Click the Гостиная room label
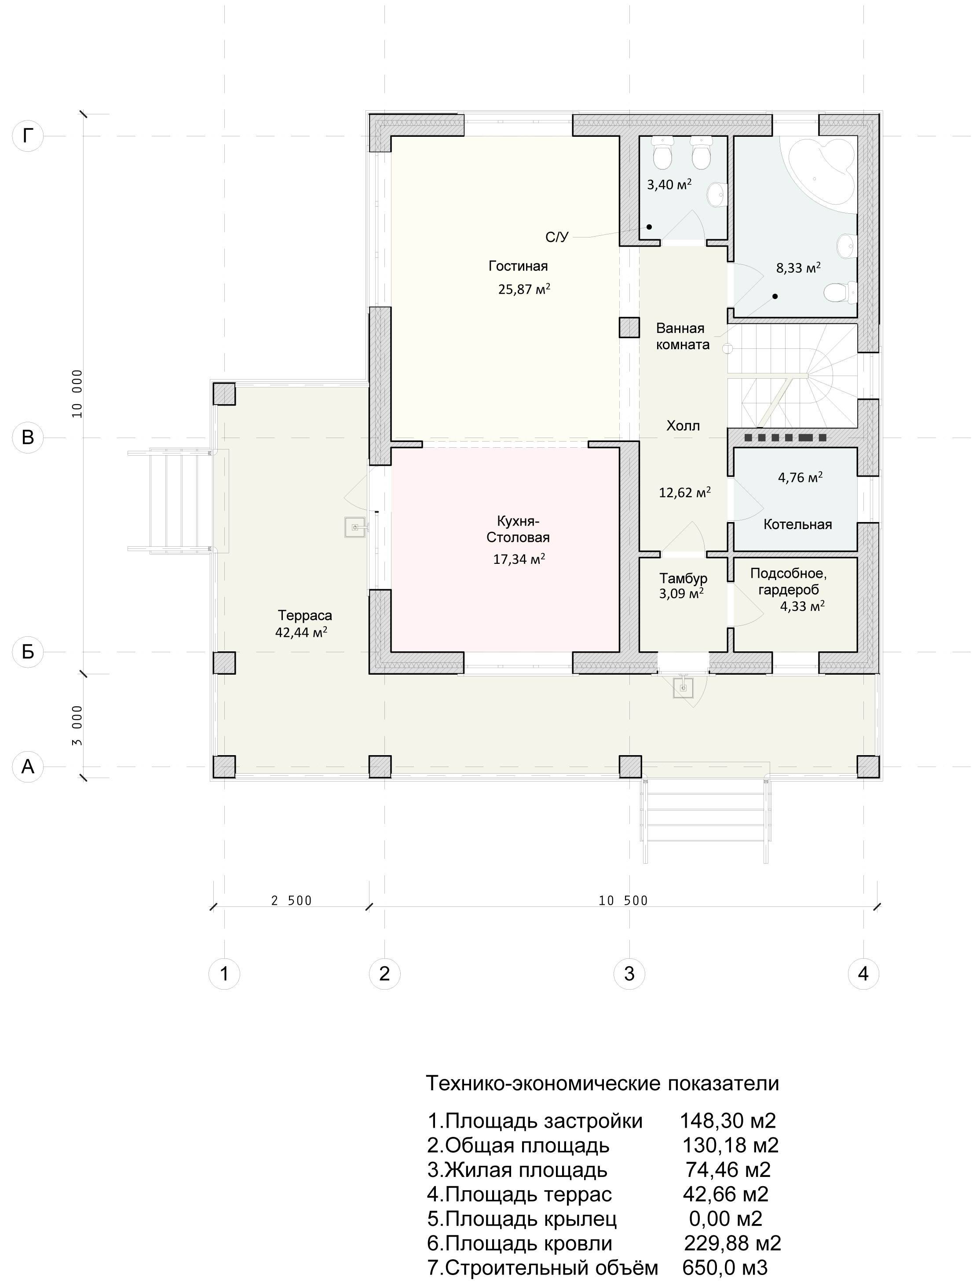coord(518,266)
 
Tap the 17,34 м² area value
coord(519,559)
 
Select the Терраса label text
coord(305,615)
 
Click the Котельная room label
coord(797,524)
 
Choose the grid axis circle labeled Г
coord(28,136)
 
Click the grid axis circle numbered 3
coord(629,973)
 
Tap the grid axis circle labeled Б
coord(28,652)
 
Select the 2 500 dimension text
coord(291,901)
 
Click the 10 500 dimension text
coord(623,901)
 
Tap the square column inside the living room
coord(629,327)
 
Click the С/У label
coord(557,237)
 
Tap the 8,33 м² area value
coord(798,268)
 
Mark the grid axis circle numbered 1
coord(224,973)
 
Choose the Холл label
coord(683,426)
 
